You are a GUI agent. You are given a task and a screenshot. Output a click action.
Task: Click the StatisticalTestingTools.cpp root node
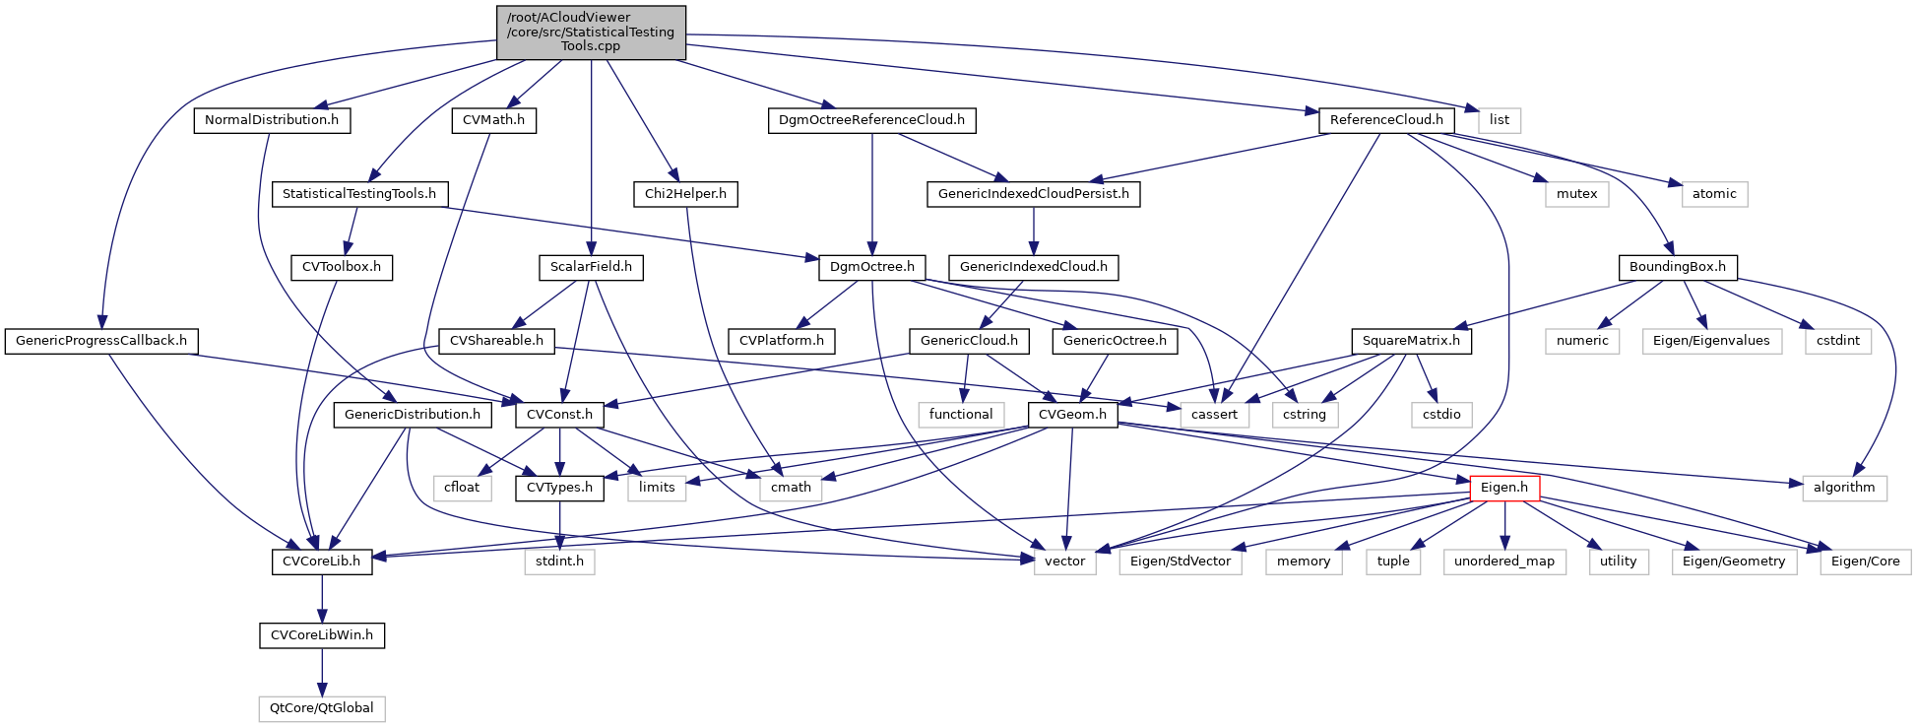[x=591, y=33]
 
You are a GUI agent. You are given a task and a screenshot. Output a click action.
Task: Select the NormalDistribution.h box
[x=272, y=120]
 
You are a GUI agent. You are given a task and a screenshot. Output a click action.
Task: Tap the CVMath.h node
[x=494, y=120]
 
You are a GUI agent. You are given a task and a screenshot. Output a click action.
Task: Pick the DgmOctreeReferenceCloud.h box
[x=871, y=120]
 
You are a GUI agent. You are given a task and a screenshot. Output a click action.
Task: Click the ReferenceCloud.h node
[x=1386, y=120]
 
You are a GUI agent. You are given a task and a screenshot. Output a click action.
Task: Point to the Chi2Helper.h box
[x=685, y=194]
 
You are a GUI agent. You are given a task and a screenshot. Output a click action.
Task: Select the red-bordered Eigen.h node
[x=1504, y=488]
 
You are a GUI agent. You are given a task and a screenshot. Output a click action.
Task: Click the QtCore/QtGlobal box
[x=322, y=708]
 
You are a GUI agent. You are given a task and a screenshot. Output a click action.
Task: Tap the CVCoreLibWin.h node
[x=322, y=635]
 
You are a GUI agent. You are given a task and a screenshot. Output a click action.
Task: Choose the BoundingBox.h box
[x=1678, y=267]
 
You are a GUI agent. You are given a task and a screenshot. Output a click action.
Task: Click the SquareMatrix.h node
[x=1412, y=341]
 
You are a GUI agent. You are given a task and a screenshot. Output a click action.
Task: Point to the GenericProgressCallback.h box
[x=101, y=341]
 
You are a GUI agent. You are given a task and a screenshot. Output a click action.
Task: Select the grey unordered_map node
[x=1504, y=562]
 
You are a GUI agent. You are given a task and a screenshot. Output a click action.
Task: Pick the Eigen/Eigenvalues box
[x=1711, y=341]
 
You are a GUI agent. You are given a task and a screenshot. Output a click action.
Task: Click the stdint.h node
[x=559, y=562]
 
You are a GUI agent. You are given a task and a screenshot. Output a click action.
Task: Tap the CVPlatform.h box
[x=782, y=341]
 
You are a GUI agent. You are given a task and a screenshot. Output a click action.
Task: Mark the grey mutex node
[x=1576, y=194]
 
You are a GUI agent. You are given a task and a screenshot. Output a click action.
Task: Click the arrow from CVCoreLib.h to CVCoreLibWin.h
[x=322, y=599]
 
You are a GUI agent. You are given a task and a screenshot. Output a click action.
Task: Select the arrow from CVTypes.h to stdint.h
[x=559, y=525]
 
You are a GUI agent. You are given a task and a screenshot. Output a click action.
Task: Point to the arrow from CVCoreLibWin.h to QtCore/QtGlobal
[x=322, y=672]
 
